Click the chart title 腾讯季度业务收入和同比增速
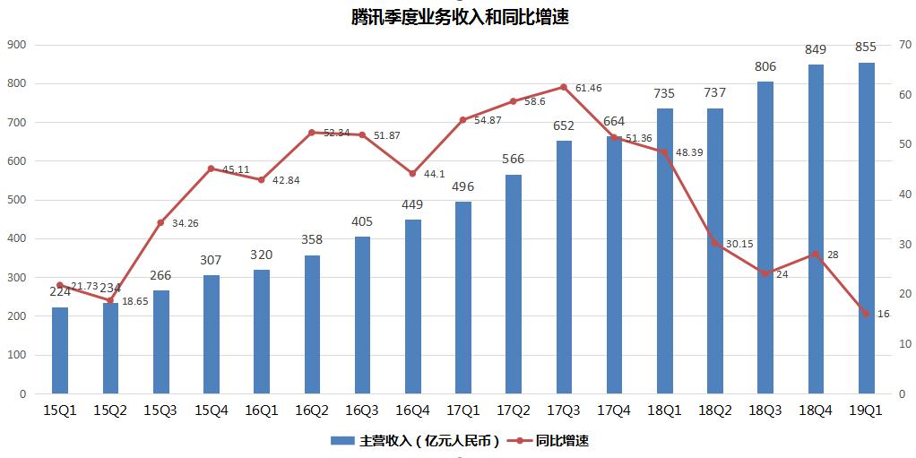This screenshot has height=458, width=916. tap(460, 16)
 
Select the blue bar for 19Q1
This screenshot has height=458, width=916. tap(867, 229)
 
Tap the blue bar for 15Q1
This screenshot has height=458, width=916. tap(60, 350)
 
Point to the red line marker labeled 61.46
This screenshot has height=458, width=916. tap(564, 87)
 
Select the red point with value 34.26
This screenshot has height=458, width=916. tap(161, 222)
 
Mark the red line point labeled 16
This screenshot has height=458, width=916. tap(866, 314)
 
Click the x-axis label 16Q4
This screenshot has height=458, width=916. tap(412, 410)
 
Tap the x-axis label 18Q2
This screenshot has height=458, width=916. tap(715, 410)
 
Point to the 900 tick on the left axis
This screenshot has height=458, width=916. tap(16, 45)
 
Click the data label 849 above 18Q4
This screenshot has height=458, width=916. tap(816, 49)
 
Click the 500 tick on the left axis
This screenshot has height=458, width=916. tap(16, 200)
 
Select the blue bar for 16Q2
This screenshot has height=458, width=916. tap(312, 324)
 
